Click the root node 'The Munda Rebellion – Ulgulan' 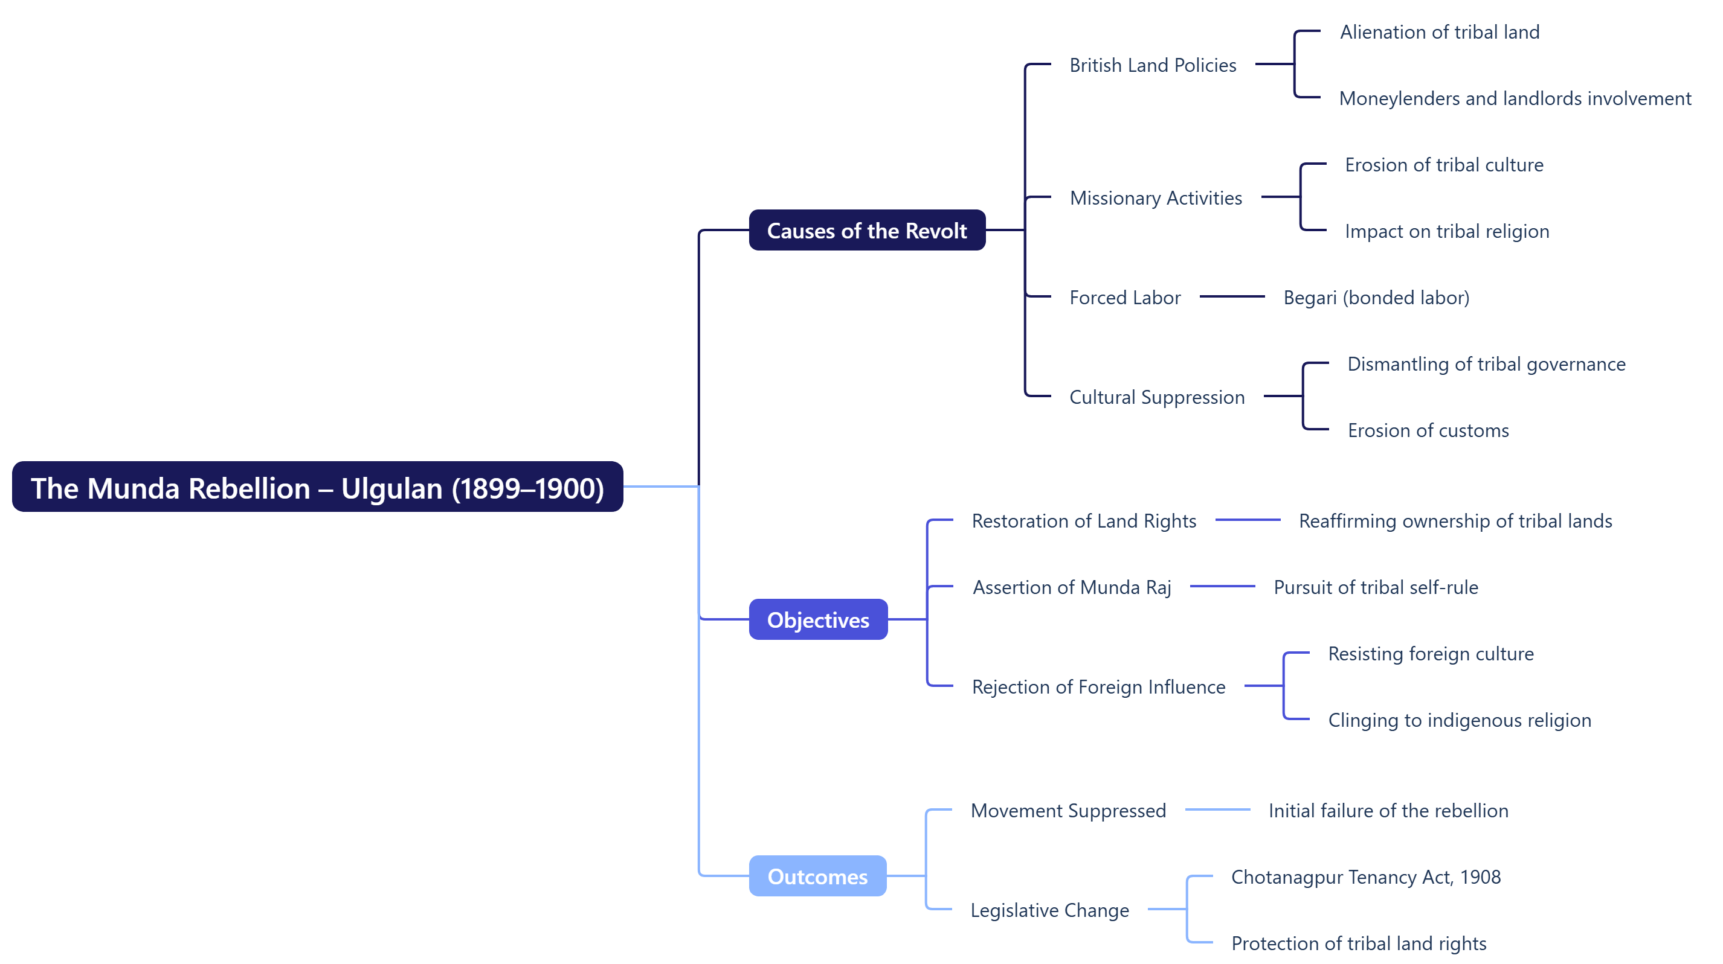pos(317,487)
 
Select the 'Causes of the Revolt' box pos(867,230)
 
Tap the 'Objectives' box pos(817,620)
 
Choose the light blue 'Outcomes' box pos(817,876)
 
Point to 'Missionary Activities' pos(1155,198)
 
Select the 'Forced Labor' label pos(1124,298)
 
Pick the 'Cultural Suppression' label pos(1156,397)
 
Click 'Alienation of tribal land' pos(1440,32)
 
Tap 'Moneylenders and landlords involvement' pos(1515,98)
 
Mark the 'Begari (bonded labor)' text pos(1376,298)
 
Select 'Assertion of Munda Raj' pos(1072,587)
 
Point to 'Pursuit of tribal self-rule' pos(1375,587)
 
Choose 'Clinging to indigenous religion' pos(1459,720)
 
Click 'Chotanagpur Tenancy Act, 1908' pos(1365,876)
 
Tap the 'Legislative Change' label pos(1049,910)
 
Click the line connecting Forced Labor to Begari pos(1231,296)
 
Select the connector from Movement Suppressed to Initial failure pos(1217,809)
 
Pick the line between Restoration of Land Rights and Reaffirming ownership pos(1247,520)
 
